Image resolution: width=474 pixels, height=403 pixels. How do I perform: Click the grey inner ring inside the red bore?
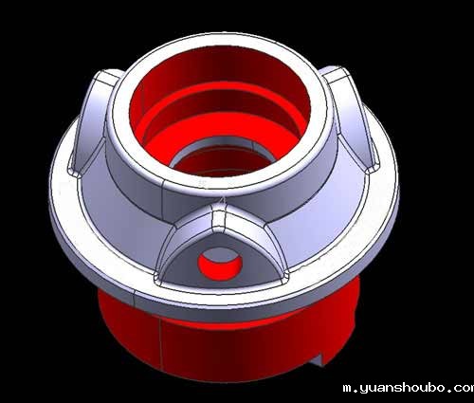(221, 146)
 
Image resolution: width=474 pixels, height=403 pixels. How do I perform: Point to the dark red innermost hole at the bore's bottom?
(221, 163)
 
